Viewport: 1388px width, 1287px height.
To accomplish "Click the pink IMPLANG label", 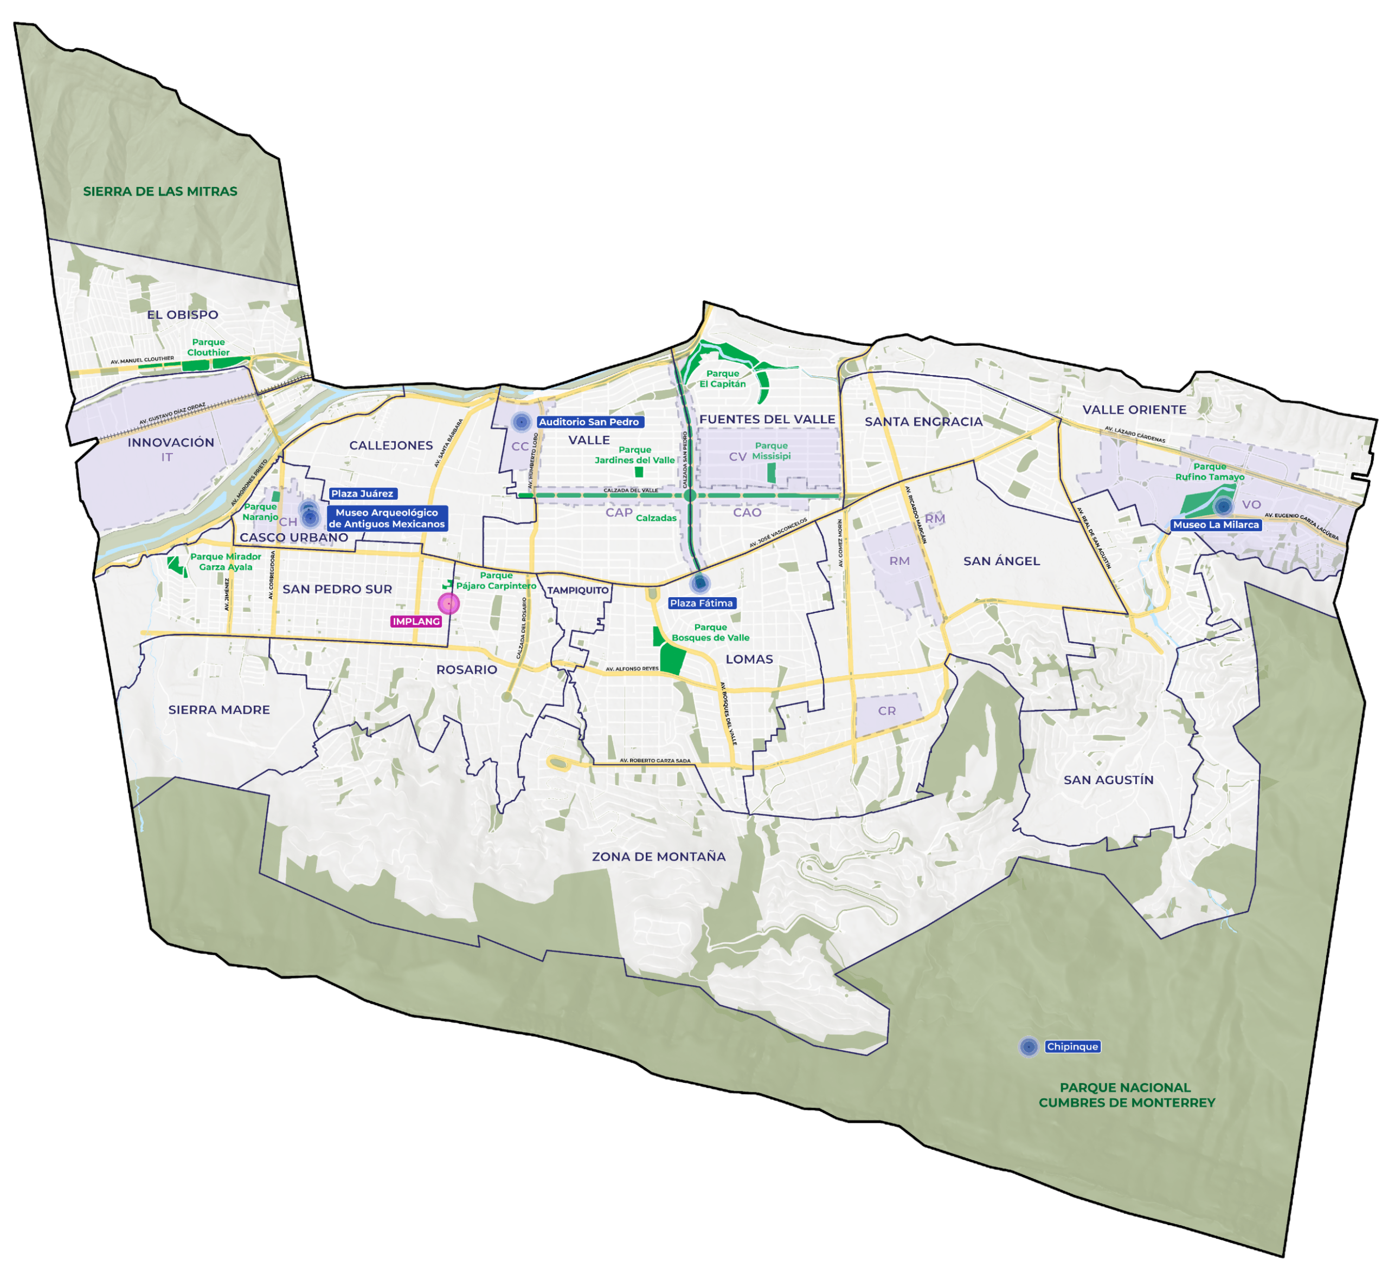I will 416,621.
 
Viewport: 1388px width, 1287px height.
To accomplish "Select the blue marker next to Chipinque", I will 1029,1047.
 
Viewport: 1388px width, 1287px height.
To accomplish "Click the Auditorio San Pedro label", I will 589,422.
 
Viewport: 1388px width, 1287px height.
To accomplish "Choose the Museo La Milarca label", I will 1216,525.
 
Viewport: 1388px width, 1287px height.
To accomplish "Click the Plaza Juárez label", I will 362,494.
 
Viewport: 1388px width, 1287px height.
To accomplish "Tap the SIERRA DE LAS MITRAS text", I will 160,191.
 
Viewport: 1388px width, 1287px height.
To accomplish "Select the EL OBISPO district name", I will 183,315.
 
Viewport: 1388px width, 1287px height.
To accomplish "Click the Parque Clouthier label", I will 208,347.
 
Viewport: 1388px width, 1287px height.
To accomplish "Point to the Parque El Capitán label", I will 723,379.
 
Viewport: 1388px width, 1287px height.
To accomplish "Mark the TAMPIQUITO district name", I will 577,591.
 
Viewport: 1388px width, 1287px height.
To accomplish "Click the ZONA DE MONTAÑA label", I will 658,857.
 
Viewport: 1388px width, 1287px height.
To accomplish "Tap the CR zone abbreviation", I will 887,711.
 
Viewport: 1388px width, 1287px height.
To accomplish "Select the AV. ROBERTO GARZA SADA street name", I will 655,760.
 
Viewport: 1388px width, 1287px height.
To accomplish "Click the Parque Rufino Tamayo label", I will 1210,472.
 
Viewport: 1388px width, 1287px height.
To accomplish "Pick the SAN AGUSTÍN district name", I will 1109,780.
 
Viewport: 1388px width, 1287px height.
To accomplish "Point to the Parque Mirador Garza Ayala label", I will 226,562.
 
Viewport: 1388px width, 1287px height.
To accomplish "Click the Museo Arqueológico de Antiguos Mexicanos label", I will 387,519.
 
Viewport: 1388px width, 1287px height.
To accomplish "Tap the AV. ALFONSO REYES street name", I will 632,669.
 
